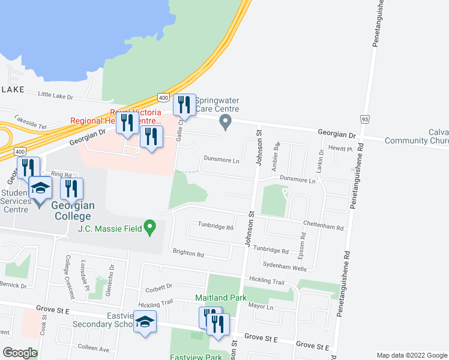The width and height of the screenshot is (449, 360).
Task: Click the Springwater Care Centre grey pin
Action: (x=226, y=123)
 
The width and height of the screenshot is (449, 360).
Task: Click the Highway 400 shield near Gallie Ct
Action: (x=163, y=98)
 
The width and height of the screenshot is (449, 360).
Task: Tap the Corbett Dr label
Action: (x=158, y=287)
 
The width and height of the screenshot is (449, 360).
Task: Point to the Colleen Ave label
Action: (x=93, y=348)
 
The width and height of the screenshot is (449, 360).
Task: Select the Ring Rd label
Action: (x=61, y=175)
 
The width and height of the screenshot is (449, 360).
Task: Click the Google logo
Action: (x=20, y=353)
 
